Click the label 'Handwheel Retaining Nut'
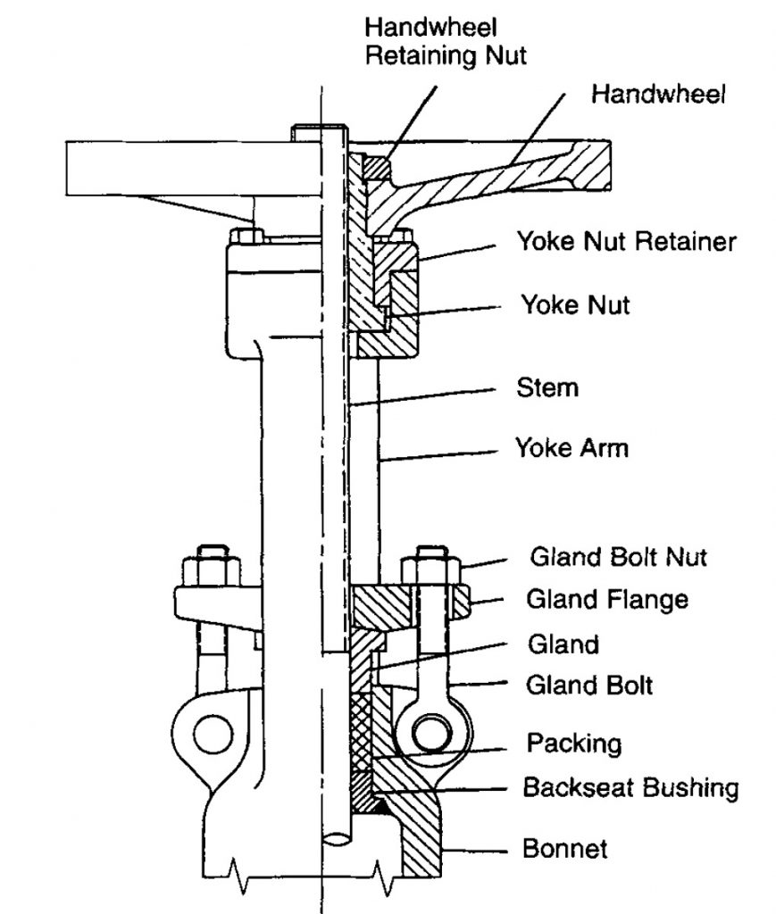tap(447, 42)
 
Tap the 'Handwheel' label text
tap(658, 95)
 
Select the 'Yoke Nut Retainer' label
tap(626, 241)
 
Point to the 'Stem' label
tap(547, 387)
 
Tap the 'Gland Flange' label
tap(607, 599)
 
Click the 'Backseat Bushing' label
tap(630, 788)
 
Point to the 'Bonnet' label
tap(564, 848)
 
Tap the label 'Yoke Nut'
tap(575, 305)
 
